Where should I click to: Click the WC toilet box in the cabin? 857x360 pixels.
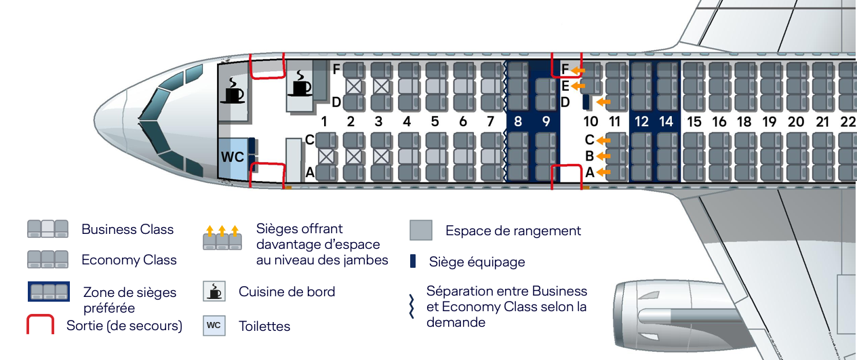point(233,157)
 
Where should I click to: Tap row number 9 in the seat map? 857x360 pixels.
point(546,122)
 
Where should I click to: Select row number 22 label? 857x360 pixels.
point(848,122)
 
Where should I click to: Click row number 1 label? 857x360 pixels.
point(325,122)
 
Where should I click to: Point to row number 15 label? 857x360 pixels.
point(694,122)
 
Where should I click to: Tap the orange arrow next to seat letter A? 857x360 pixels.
point(603,173)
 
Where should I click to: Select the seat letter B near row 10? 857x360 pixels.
point(590,157)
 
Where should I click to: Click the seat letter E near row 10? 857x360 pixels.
point(565,86)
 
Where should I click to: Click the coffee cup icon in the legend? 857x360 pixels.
point(214,292)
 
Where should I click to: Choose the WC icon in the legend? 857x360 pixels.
point(214,325)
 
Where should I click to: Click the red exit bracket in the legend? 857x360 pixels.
point(40,323)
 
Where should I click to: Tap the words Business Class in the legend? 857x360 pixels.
point(127,229)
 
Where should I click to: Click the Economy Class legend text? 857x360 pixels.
point(129,260)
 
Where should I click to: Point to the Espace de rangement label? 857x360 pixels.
point(513,231)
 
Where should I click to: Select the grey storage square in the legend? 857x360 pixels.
point(421,231)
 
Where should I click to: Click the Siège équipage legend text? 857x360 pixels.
point(477,262)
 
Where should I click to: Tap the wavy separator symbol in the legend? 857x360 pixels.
point(411,306)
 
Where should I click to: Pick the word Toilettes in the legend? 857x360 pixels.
point(264,326)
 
